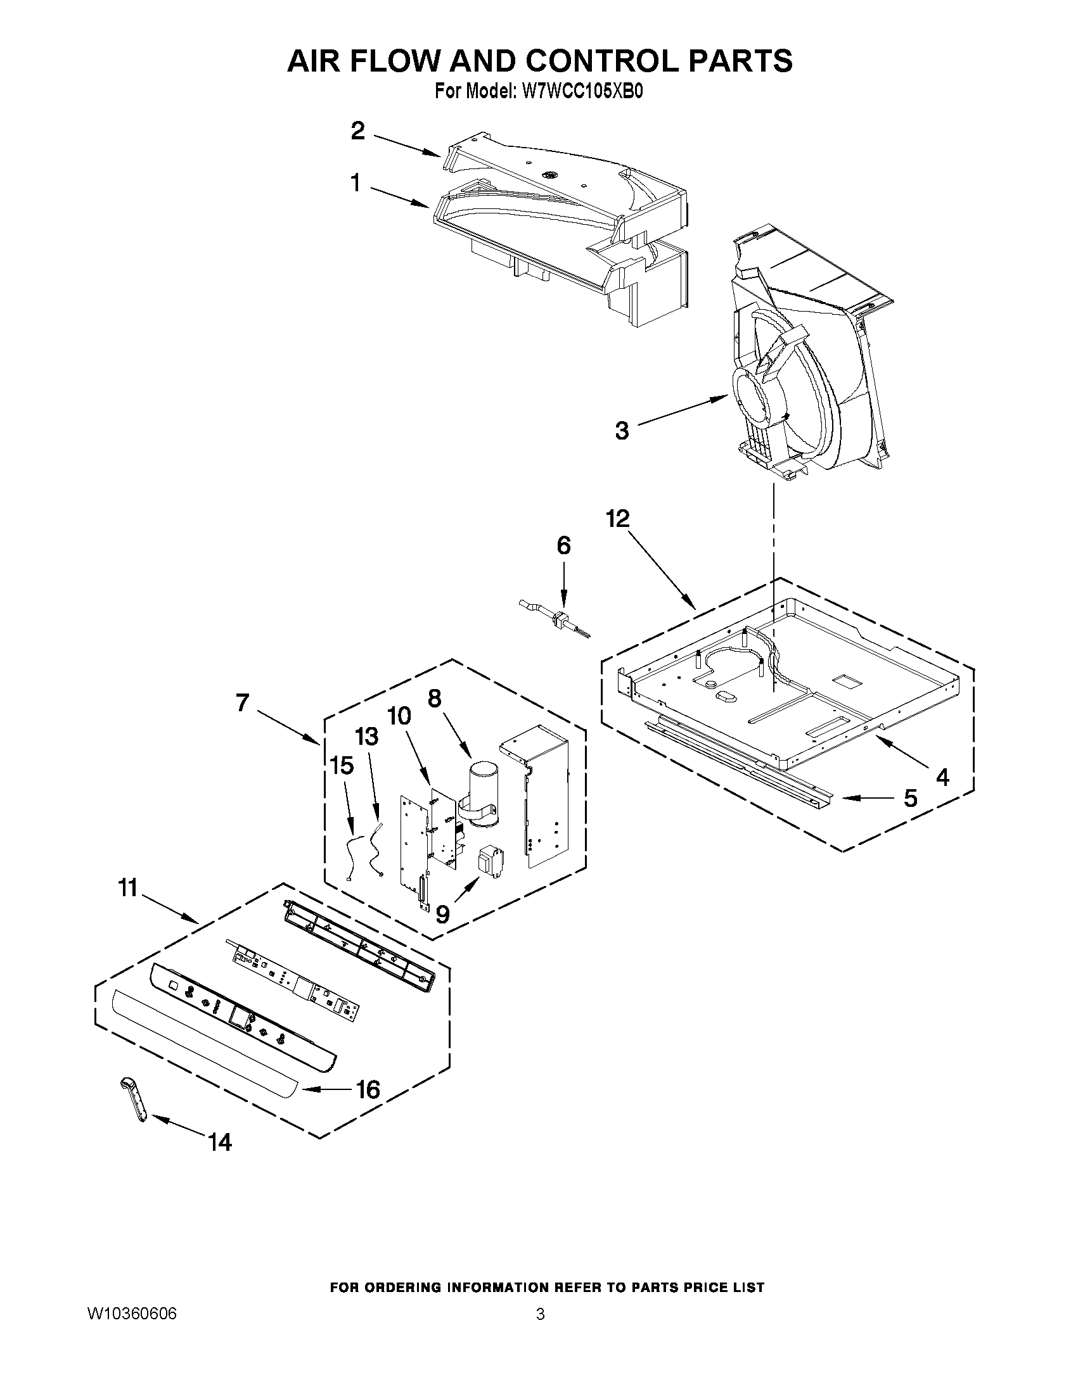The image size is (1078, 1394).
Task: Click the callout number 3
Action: [621, 431]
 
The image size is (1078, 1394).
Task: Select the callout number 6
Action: [563, 545]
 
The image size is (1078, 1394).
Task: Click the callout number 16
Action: [368, 1089]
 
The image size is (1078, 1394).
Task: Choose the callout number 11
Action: [128, 887]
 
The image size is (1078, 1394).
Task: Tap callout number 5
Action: [909, 798]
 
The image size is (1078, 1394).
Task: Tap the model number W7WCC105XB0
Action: [582, 91]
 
